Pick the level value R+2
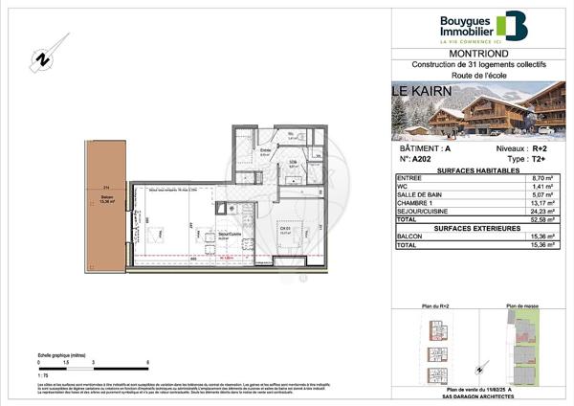[541, 149]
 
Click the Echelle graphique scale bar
[93, 361]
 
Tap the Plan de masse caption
[524, 306]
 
